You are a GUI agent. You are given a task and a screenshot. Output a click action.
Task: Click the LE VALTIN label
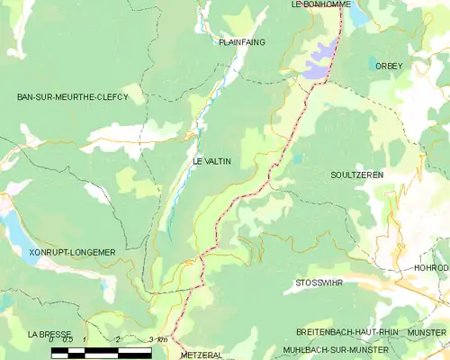pos(212,161)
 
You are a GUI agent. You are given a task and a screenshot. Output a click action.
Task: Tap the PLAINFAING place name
pos(242,42)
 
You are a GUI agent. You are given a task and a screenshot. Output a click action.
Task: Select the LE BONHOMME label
pos(319,4)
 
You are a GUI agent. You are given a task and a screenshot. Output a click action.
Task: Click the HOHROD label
pos(431,267)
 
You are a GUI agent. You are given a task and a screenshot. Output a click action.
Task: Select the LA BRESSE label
pos(49,333)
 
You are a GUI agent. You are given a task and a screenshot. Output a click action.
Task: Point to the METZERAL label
pos(201,355)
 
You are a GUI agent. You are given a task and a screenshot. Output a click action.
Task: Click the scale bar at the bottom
pos(101,352)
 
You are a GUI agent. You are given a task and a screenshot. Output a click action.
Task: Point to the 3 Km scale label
pos(158,340)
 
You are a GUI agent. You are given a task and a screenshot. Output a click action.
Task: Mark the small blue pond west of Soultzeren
pos(297,159)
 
